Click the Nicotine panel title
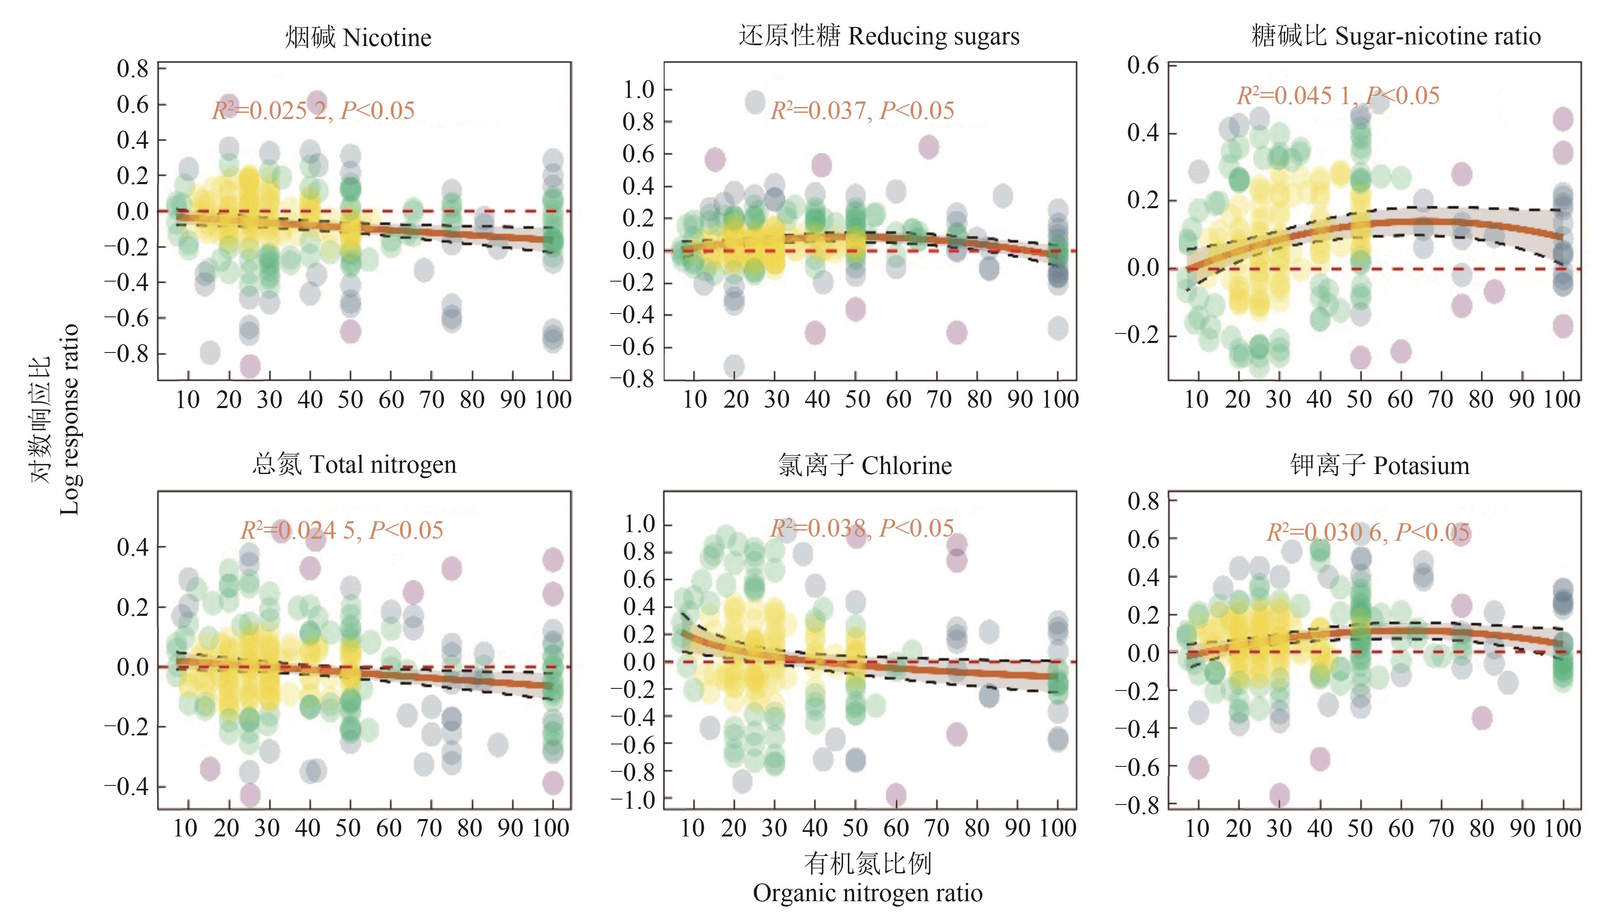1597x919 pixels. point(358,38)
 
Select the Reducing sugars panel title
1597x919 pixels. point(879,36)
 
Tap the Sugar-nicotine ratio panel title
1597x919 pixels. point(1396,36)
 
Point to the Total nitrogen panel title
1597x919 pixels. point(354,465)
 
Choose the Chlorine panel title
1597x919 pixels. point(865,466)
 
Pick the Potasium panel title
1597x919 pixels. point(1380,466)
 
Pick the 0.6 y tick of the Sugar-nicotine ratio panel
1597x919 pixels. point(1143,65)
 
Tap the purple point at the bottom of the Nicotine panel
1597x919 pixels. point(250,365)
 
